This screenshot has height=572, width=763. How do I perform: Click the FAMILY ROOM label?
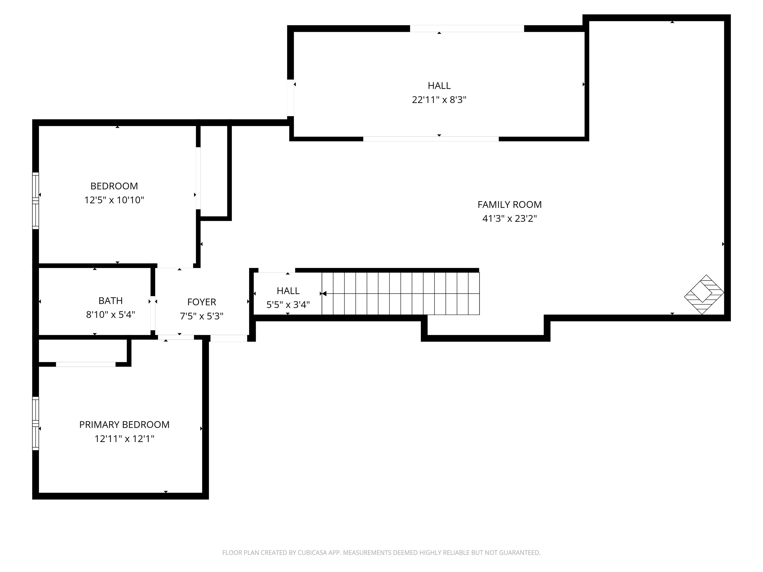pos(509,205)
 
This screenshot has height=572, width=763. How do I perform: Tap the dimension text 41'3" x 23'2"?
pos(509,218)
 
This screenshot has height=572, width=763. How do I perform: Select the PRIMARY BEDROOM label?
pos(124,425)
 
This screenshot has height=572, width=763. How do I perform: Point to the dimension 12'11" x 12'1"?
pos(124,439)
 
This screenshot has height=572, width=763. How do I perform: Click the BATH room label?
pos(110,301)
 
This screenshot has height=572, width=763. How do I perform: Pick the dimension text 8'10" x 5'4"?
pos(110,315)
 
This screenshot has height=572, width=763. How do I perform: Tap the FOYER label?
pos(201,302)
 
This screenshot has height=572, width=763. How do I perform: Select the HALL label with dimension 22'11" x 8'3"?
pos(439,85)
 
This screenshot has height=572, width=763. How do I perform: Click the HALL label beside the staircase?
pos(288,291)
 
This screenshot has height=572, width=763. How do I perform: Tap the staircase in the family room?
pos(400,293)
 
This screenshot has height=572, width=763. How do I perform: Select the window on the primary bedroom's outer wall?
pos(36,423)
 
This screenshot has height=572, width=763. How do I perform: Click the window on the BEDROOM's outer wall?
pos(36,201)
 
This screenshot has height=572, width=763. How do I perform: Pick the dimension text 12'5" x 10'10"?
pos(114,200)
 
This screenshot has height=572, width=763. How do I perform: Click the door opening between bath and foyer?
pos(153,313)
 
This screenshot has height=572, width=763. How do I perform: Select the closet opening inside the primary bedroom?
pos(85,364)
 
